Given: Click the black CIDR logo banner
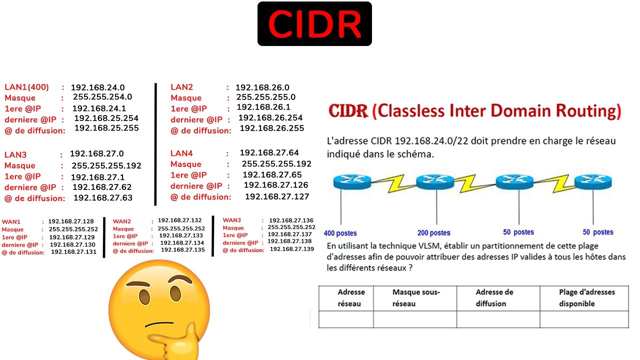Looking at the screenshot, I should point(314,24).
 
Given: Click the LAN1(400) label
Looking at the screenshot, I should point(26,87).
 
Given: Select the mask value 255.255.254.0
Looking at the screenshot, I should point(102,97).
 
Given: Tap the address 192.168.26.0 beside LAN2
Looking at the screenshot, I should point(262,87).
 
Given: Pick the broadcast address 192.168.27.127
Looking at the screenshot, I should point(277,196).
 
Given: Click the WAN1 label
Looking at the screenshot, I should point(11,221).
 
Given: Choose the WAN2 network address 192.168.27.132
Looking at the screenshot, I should point(179,220).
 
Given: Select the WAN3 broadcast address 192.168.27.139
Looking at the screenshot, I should point(291,249).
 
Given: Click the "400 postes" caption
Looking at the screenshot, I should point(340,232).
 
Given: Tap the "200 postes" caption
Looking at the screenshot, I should point(433,232).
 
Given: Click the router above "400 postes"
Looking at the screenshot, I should point(352,182).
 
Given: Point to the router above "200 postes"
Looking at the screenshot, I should point(434,182).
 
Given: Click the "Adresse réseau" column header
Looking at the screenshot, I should point(351,297).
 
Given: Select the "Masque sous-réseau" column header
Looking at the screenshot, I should point(415,297).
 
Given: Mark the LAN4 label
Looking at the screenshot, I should point(181,153).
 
